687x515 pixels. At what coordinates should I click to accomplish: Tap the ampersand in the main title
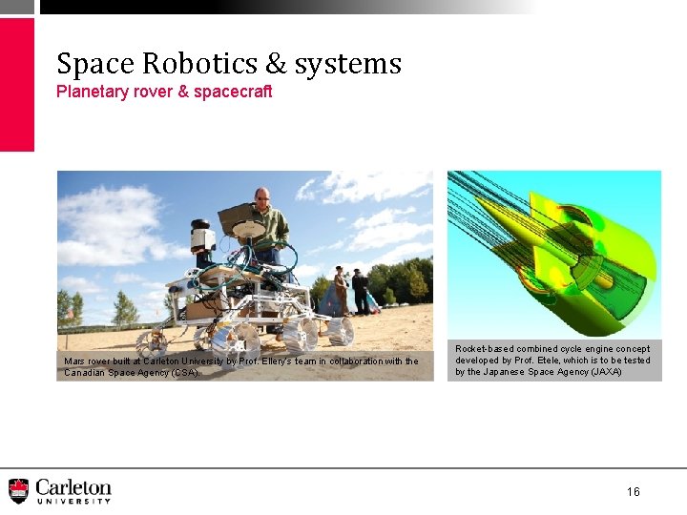[x=276, y=64]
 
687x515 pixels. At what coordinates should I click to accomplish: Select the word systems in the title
[x=348, y=65]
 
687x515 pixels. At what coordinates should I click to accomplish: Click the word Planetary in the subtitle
[x=92, y=92]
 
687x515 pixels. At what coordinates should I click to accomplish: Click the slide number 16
[x=634, y=491]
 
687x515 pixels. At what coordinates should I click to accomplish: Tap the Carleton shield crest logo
[x=18, y=490]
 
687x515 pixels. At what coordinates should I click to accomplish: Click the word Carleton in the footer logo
[x=73, y=486]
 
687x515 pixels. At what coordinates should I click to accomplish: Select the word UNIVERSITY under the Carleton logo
[x=73, y=502]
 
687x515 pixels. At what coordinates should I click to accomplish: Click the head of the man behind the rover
[x=261, y=196]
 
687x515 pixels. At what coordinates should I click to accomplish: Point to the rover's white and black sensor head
[x=200, y=237]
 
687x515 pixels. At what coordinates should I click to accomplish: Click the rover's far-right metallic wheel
[x=339, y=331]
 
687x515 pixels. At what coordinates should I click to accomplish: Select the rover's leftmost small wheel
[x=152, y=341]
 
